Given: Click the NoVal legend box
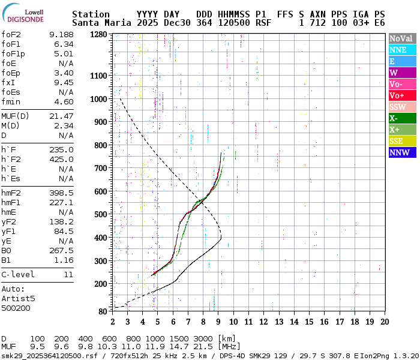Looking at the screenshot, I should [x=402, y=39].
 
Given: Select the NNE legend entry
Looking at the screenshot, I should [x=402, y=50].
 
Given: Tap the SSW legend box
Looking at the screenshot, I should [x=402, y=107].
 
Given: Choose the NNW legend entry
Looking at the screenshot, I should [x=402, y=152].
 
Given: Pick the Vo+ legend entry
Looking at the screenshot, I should [x=402, y=95].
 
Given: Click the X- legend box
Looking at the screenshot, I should [x=402, y=118].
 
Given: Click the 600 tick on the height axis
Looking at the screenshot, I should [x=102, y=191].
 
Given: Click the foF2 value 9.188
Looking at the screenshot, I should [x=61, y=35].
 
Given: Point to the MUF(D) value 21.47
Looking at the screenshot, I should [x=61, y=116].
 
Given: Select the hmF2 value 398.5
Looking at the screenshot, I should [x=61, y=193].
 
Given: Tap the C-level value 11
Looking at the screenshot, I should [x=68, y=275].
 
